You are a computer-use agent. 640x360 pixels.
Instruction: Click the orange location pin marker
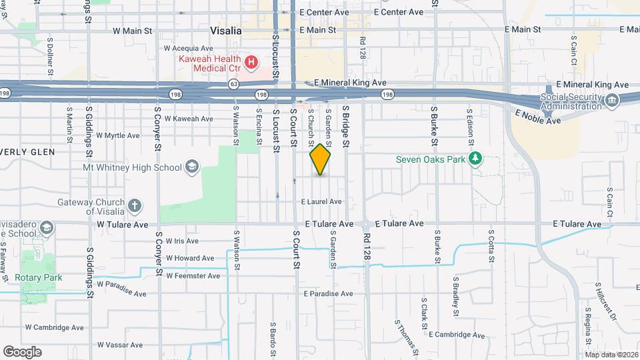321,159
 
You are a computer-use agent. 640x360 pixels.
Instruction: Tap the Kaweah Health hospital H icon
251,63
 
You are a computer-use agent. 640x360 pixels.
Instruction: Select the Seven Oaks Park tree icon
475,159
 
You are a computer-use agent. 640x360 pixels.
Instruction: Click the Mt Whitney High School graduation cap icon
191,166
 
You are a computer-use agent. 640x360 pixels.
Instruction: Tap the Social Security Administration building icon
611,101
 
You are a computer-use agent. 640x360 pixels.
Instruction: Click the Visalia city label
225,31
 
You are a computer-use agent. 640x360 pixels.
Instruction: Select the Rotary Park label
44,278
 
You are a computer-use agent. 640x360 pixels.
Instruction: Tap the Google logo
22,351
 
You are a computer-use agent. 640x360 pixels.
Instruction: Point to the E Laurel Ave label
321,201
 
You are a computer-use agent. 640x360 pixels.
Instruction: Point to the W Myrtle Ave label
117,135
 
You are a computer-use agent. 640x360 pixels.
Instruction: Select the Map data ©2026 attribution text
611,354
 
